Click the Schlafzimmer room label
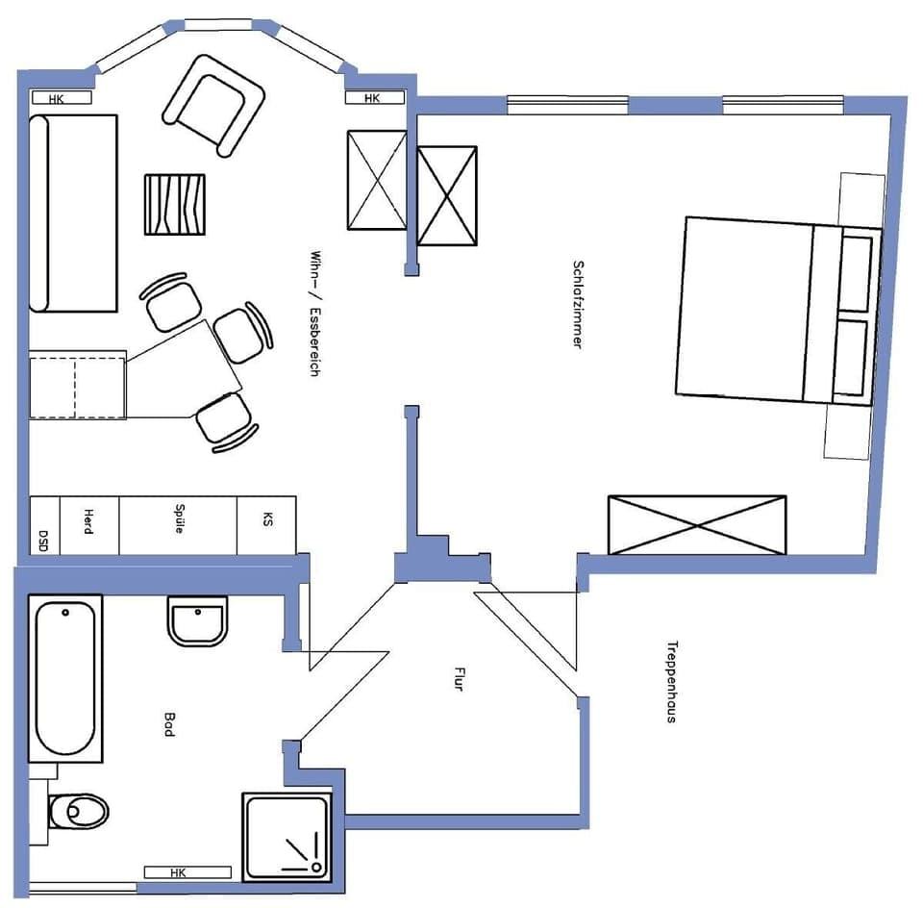(578, 304)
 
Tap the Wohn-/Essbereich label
(313, 314)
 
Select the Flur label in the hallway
(459, 680)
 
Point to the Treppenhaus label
(671, 681)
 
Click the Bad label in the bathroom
(169, 724)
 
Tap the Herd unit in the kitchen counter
(89, 525)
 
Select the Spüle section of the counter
(179, 525)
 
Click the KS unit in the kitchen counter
(266, 525)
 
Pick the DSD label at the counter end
(44, 539)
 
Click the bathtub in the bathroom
(66, 678)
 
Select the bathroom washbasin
(197, 620)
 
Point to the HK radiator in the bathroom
(187, 872)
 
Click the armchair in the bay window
(213, 104)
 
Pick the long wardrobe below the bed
(697, 525)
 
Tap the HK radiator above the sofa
(62, 98)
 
